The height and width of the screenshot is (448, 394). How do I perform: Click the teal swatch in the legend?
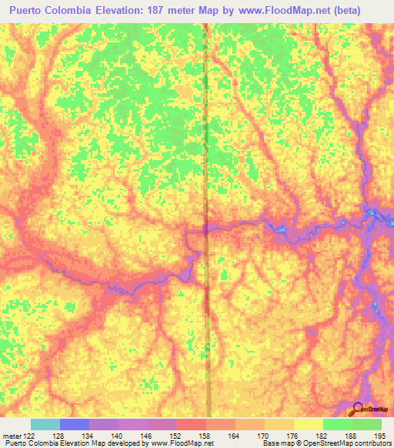(45, 424)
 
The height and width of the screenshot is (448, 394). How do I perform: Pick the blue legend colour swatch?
(74, 424)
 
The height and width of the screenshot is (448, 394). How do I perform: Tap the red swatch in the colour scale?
(191, 424)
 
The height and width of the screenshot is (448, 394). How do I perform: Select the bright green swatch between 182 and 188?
(337, 424)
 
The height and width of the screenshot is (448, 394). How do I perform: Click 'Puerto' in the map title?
(27, 11)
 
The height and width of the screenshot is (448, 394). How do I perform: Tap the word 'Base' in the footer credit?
(270, 443)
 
